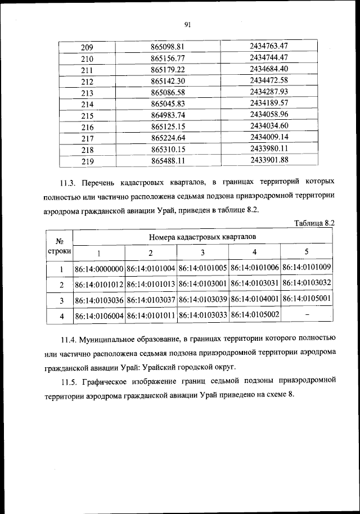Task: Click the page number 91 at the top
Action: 188,24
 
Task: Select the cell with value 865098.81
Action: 168,47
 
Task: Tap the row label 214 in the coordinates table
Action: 87,105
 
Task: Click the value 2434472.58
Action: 269,80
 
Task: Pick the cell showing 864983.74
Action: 168,116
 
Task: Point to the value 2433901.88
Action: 269,160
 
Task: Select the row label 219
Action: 87,162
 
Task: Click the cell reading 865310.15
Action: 168,150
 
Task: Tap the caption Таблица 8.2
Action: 314,223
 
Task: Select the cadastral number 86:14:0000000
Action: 100,268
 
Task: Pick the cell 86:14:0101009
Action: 307,267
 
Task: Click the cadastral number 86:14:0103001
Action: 202,284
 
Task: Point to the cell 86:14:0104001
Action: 255,300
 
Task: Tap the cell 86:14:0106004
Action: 100,317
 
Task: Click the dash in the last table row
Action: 307,315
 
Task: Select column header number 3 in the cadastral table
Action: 202,253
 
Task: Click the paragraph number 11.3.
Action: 69,183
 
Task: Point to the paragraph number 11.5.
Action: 69,381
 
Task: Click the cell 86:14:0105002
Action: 255,315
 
